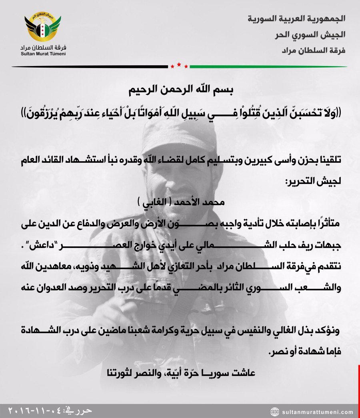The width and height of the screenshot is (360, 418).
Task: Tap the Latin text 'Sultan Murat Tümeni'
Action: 43,53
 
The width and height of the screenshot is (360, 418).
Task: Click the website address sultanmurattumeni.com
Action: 317,412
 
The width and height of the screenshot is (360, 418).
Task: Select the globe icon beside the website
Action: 275,412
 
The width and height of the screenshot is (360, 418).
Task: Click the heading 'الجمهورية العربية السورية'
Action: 296,19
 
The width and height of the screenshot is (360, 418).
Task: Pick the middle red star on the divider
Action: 179,64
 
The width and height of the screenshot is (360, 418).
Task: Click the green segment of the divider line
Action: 268,66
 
